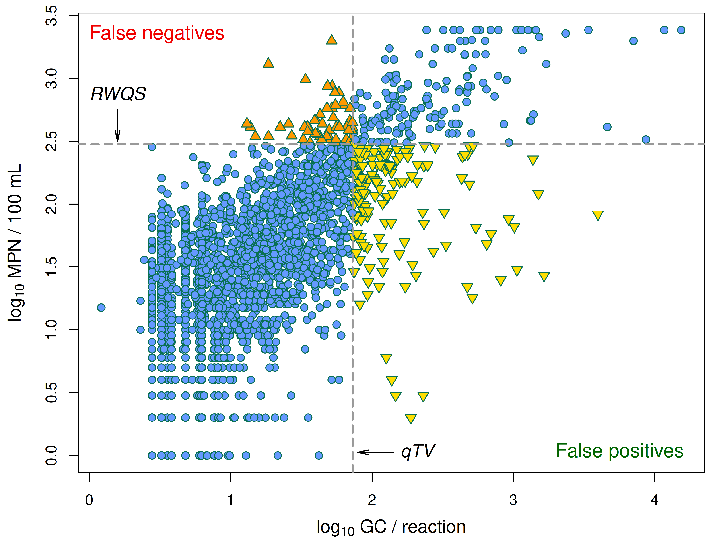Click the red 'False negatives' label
157,33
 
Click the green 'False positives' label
619,451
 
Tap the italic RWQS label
118,94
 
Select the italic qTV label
418,451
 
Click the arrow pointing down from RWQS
118,125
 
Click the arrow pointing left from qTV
375,452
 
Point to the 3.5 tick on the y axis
52,15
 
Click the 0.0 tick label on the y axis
52,455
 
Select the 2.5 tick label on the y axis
52,141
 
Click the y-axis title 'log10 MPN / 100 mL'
15,243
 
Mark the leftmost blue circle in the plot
101,308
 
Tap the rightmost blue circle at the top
681,30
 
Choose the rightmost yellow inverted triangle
598,215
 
